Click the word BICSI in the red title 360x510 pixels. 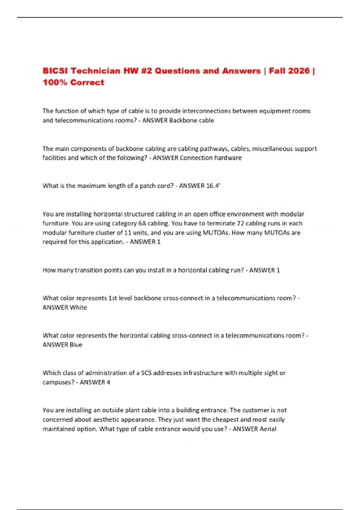point(55,71)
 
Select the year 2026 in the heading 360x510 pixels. point(298,71)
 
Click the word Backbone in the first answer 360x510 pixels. point(181,120)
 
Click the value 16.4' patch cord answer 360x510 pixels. point(213,186)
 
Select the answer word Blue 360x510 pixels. point(76,345)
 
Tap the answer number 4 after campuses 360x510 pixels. point(108,382)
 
